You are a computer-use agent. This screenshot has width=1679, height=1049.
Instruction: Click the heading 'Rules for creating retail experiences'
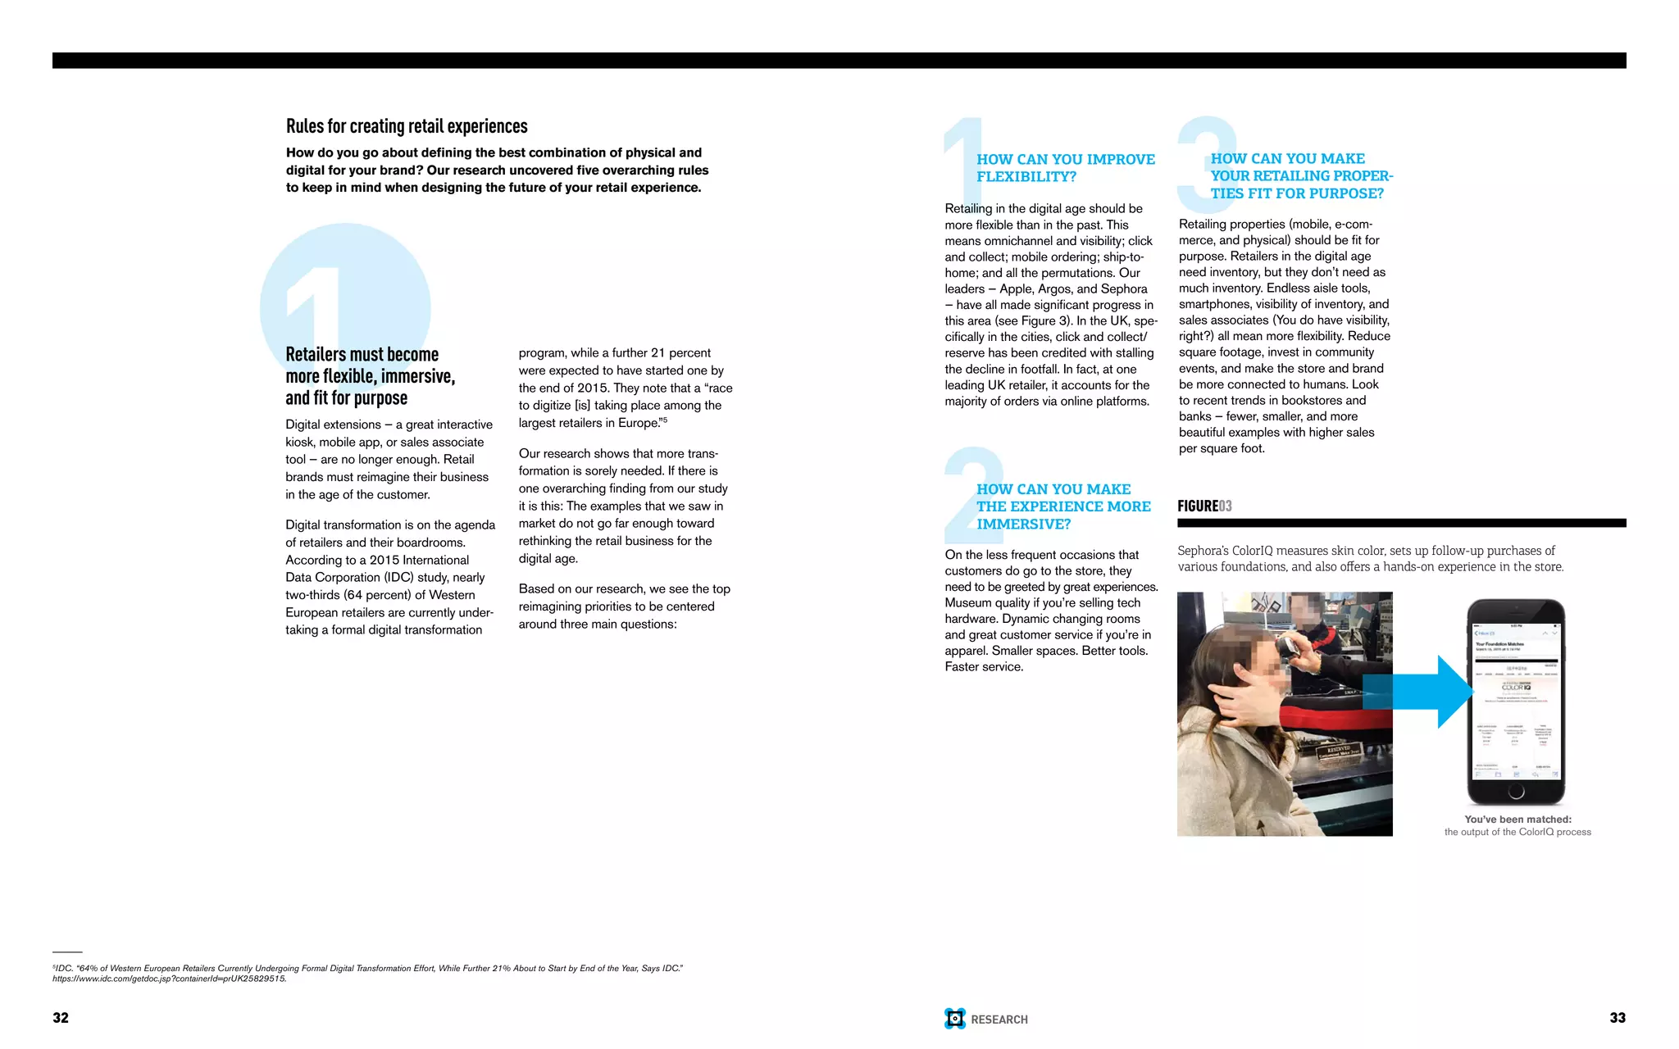[407, 126]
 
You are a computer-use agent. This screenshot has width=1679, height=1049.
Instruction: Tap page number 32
[61, 1018]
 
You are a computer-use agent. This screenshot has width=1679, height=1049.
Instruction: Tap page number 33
[1617, 1018]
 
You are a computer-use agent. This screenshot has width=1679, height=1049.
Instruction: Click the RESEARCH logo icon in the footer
[955, 1019]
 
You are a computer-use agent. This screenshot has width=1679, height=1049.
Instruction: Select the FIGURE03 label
[1204, 506]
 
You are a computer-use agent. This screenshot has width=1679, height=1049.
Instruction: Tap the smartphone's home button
[1516, 791]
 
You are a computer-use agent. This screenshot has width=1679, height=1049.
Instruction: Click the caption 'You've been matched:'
[1517, 820]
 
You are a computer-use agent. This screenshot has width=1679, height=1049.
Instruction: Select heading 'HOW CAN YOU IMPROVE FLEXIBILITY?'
[1065, 168]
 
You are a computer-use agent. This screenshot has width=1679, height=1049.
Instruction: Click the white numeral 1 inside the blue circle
[316, 303]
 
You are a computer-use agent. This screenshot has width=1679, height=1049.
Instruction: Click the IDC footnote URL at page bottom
[170, 979]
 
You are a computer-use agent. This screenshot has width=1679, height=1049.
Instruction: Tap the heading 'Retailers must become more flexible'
[369, 376]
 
